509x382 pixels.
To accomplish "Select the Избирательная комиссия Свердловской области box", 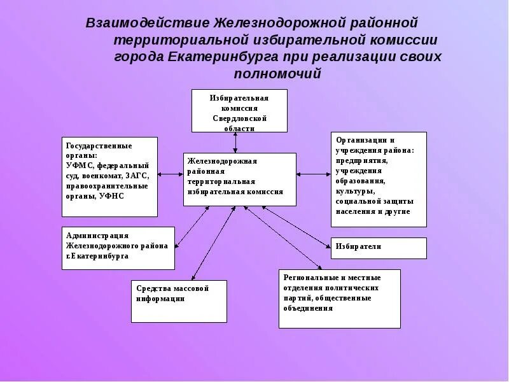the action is click(x=239, y=110).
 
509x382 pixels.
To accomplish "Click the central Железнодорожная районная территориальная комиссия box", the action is click(x=239, y=179).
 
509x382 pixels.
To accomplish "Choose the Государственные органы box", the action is click(x=109, y=176).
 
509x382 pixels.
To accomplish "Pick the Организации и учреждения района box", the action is click(x=378, y=179).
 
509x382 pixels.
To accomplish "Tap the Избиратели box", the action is click(x=378, y=248).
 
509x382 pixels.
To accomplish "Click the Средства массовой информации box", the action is click(x=179, y=301).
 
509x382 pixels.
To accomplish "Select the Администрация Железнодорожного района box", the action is click(x=118, y=248).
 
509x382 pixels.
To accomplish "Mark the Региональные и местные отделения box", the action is click(x=339, y=298).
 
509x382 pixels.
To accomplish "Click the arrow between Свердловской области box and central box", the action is click(x=237, y=142).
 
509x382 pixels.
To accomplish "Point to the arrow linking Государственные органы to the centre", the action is click(x=170, y=174).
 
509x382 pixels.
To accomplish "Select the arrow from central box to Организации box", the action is click(x=313, y=174).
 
